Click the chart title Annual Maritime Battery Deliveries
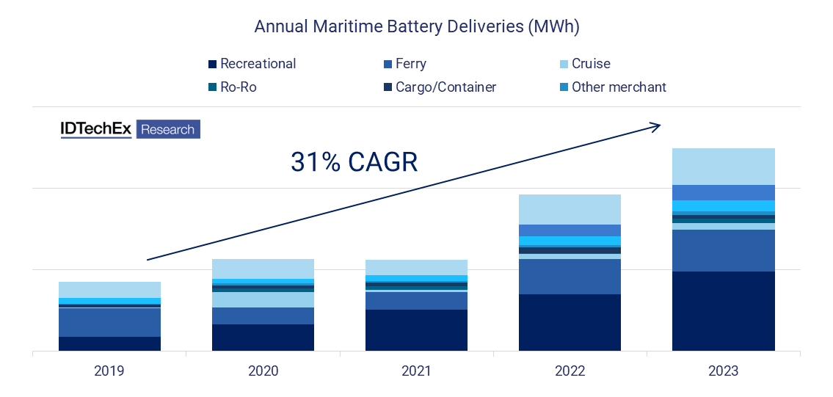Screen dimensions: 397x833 [416, 26]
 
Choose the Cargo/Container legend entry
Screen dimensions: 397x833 [437, 87]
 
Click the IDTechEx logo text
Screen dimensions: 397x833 [95, 129]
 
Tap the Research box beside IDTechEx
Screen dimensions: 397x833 [168, 130]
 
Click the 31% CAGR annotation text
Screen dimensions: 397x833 [354, 162]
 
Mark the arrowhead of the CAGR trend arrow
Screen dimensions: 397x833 [656, 126]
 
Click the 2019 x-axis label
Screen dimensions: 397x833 [109, 371]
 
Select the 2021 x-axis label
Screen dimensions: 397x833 [416, 371]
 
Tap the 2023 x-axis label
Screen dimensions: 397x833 [724, 371]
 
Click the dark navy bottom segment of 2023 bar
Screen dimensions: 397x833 [724, 311]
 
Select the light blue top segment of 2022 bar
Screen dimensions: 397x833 [570, 209]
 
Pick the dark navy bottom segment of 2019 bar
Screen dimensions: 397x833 [109, 343]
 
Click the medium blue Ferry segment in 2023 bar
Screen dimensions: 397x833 [724, 250]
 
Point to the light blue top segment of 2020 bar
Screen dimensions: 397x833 [263, 269]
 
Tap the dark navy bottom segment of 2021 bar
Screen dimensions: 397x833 [416, 330]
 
